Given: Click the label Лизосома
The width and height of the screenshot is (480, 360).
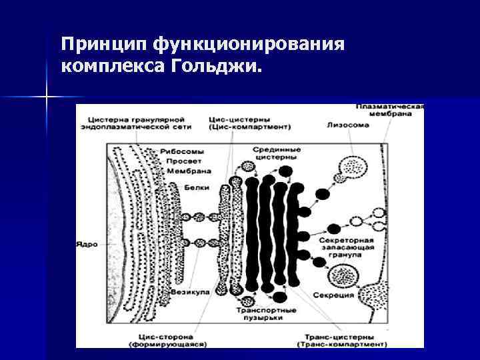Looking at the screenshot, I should coord(344,125).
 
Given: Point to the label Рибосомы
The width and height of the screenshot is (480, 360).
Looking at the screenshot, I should coord(177,152).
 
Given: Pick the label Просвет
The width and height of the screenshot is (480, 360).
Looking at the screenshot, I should coord(180,161).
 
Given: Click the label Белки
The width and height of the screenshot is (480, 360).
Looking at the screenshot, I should coord(192,189).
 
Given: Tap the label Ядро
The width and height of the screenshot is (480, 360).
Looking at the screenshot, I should coord(87,244).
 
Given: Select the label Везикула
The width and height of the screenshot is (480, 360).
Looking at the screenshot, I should coord(191,291).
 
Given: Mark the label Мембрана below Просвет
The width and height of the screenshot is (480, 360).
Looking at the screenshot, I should coord(179,171).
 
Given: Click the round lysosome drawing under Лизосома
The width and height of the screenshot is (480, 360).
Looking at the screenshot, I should coord(349,168).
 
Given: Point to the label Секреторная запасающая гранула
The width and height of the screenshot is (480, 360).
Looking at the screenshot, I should coord(345,247).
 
